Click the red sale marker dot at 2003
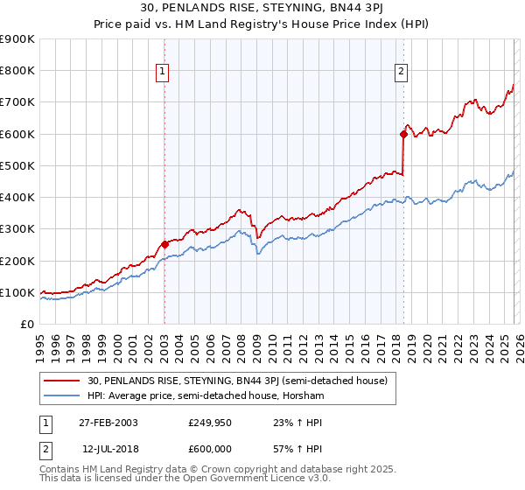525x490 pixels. [164, 245]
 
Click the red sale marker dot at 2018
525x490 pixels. [403, 134]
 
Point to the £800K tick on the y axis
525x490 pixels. [17, 71]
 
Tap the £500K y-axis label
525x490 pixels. [17, 165]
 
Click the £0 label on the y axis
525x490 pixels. [26, 324]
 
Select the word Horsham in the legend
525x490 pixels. [303, 396]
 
